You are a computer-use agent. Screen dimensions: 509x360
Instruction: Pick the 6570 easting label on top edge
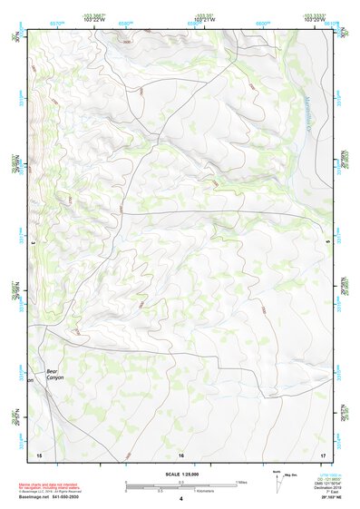coord(58,23)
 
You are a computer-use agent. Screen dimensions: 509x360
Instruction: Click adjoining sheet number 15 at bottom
coord(38,453)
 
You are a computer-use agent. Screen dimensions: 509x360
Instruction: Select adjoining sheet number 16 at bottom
coord(181,453)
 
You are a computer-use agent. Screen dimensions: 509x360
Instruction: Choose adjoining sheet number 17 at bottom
coord(323,453)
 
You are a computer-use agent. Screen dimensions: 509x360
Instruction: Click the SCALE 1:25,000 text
coord(180,474)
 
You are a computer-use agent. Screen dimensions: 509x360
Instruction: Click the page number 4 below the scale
coord(181,499)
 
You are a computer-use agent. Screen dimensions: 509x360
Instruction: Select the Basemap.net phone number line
coord(46,497)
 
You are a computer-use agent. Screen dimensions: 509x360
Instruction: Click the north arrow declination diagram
coord(279,477)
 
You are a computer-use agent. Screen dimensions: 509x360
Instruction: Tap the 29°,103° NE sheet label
coord(325,498)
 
